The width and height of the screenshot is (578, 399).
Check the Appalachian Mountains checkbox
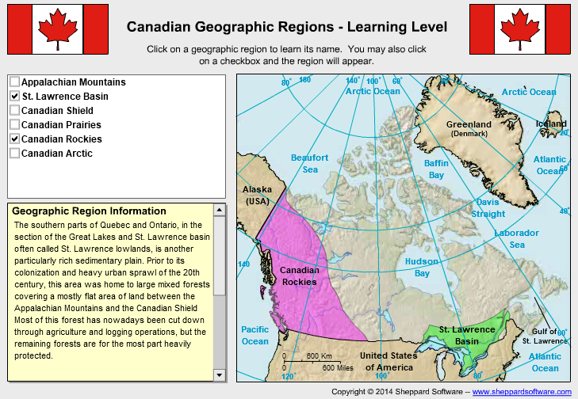click(x=14, y=82)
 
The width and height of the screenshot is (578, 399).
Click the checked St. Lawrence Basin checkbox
click(x=14, y=96)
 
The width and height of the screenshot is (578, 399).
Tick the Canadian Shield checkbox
click(x=14, y=110)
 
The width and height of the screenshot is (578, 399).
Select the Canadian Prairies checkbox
click(x=14, y=124)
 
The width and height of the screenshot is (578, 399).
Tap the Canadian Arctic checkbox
click(x=14, y=153)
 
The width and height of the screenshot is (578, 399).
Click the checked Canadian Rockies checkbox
click(x=14, y=139)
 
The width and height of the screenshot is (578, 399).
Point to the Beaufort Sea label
click(x=309, y=163)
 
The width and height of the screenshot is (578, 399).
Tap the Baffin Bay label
click(x=436, y=169)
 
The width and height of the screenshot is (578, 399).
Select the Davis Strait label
click(x=488, y=207)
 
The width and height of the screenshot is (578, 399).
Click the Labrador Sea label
click(x=516, y=238)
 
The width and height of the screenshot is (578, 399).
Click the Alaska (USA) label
click(x=256, y=195)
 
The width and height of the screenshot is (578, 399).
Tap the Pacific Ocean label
click(x=255, y=335)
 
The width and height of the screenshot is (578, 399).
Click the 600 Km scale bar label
click(x=318, y=355)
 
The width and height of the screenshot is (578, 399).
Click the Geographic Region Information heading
click(x=89, y=211)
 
